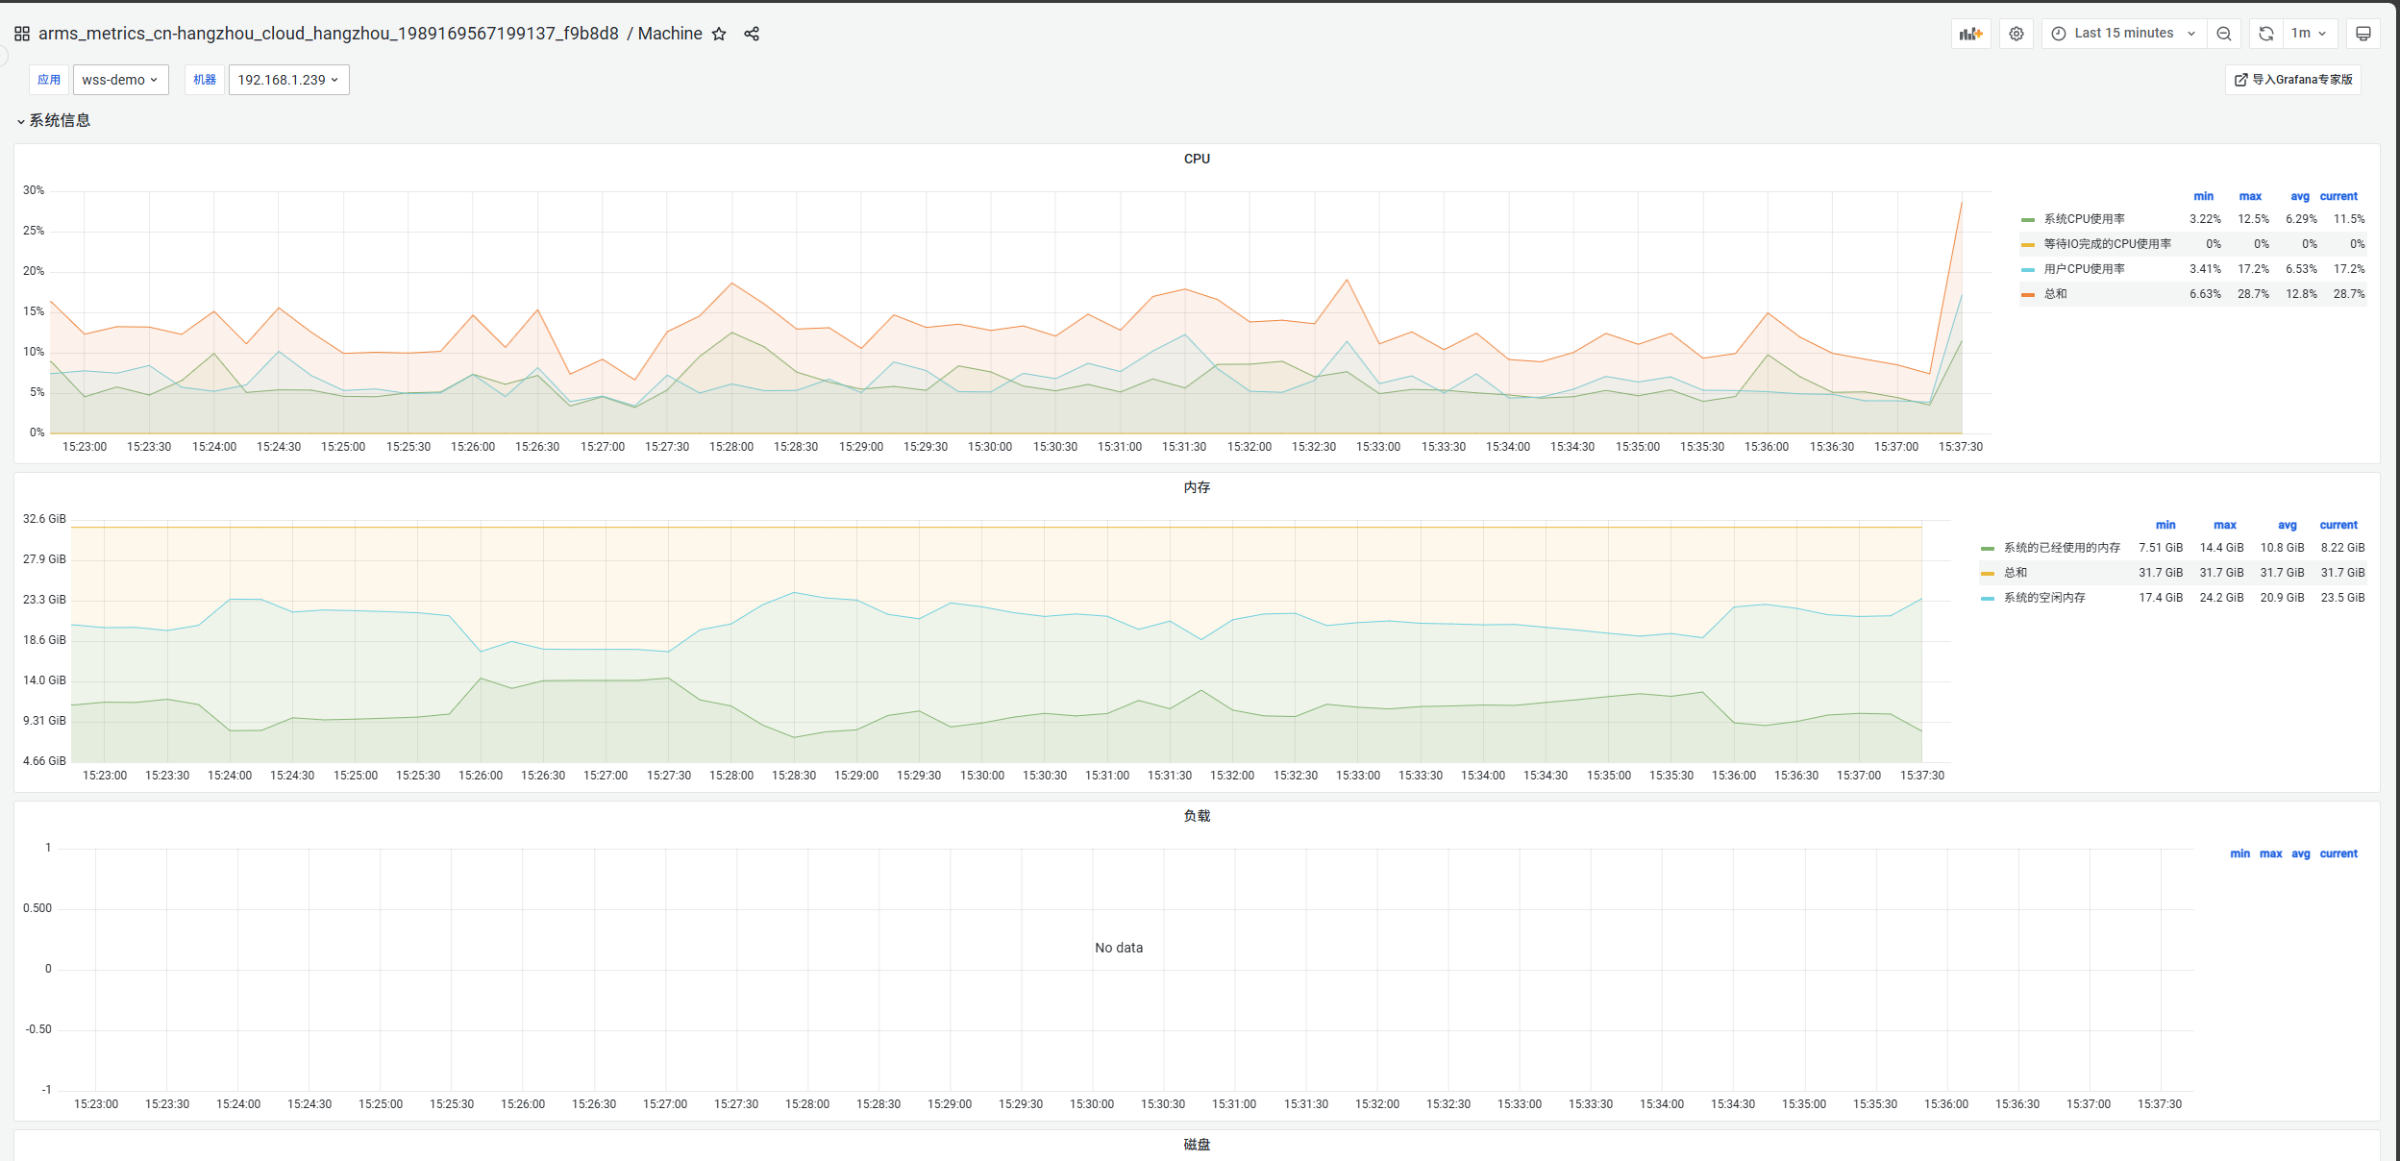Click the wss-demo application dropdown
pos(120,80)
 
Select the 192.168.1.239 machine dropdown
pos(288,80)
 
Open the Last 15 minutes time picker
pos(2123,34)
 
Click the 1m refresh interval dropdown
pos(2308,34)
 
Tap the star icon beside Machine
pos(719,34)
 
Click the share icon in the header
pos(752,34)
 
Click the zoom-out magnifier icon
pos(2224,34)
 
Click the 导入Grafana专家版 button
pos(2293,80)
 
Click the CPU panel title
pos(1197,159)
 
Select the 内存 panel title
pos(1197,487)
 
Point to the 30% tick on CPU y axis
pos(34,190)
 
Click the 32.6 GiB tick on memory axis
pos(44,519)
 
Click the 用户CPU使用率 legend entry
pos(2084,269)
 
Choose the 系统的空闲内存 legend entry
pos(2044,598)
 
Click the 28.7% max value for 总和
pos(2253,294)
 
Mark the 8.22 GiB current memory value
pos(2342,548)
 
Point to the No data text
pos(1119,948)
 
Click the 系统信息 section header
pos(59,120)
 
